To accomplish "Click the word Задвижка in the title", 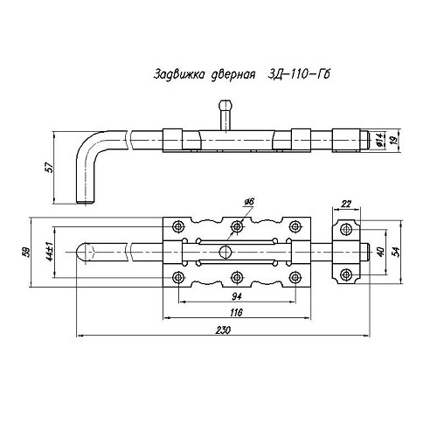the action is coord(178,74).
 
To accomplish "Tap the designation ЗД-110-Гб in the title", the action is coord(299,74).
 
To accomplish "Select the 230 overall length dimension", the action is coord(223,329).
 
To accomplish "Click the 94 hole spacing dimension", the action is coord(237,296).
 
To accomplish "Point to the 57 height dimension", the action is coord(51,168).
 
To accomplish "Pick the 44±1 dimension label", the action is coord(50,252).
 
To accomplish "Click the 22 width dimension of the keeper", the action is coord(346,204).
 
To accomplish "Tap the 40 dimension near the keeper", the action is coord(380,251).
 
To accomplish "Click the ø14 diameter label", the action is coord(379,140).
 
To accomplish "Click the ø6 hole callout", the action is coord(250,201).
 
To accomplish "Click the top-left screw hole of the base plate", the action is coord(177,226).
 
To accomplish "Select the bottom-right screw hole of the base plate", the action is coord(295,277).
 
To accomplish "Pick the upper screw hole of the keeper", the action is coord(346,229).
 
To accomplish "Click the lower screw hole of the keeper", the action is coord(346,274).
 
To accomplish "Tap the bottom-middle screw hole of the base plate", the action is coord(237,277).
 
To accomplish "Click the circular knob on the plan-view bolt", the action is coord(225,252).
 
